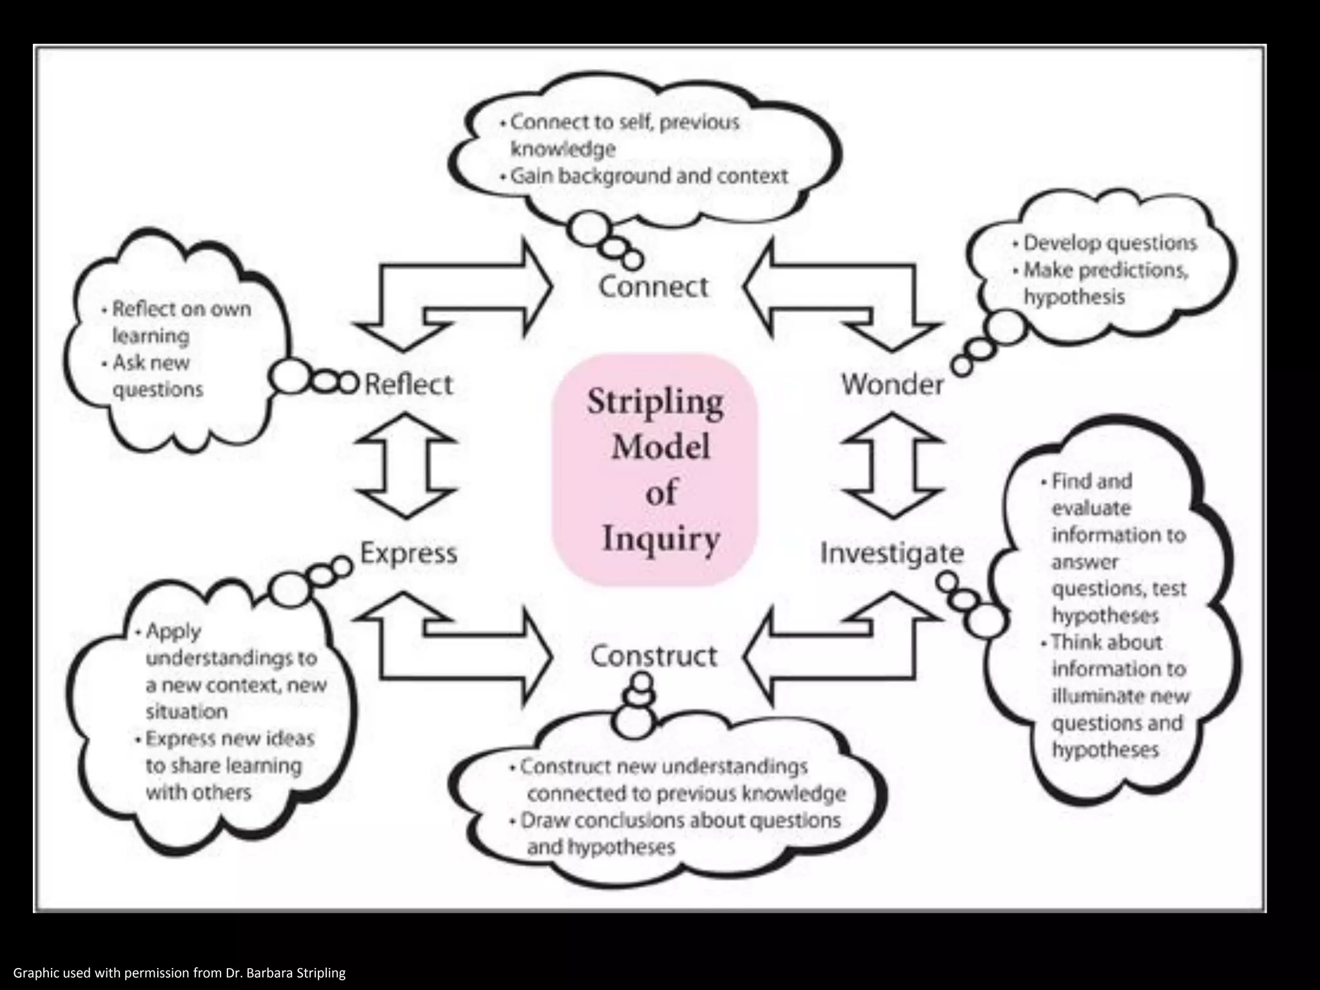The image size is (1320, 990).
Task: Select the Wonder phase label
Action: [x=892, y=385]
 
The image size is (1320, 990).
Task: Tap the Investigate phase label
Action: [x=891, y=553]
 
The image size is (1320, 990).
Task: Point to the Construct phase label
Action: [x=654, y=656]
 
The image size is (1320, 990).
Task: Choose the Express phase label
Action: [x=409, y=553]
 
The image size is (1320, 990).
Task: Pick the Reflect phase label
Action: [x=409, y=385]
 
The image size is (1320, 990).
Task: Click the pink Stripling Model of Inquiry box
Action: [x=655, y=470]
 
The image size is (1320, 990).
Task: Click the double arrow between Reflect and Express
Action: [x=406, y=466]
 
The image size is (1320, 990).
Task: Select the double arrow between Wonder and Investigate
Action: [x=893, y=466]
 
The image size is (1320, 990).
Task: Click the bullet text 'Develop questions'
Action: [x=1110, y=243]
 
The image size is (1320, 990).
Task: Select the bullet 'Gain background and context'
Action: [x=648, y=176]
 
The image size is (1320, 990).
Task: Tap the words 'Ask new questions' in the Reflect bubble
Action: [x=155, y=376]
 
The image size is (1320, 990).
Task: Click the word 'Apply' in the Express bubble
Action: [x=173, y=631]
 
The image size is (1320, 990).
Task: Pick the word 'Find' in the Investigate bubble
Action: [x=1068, y=481]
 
